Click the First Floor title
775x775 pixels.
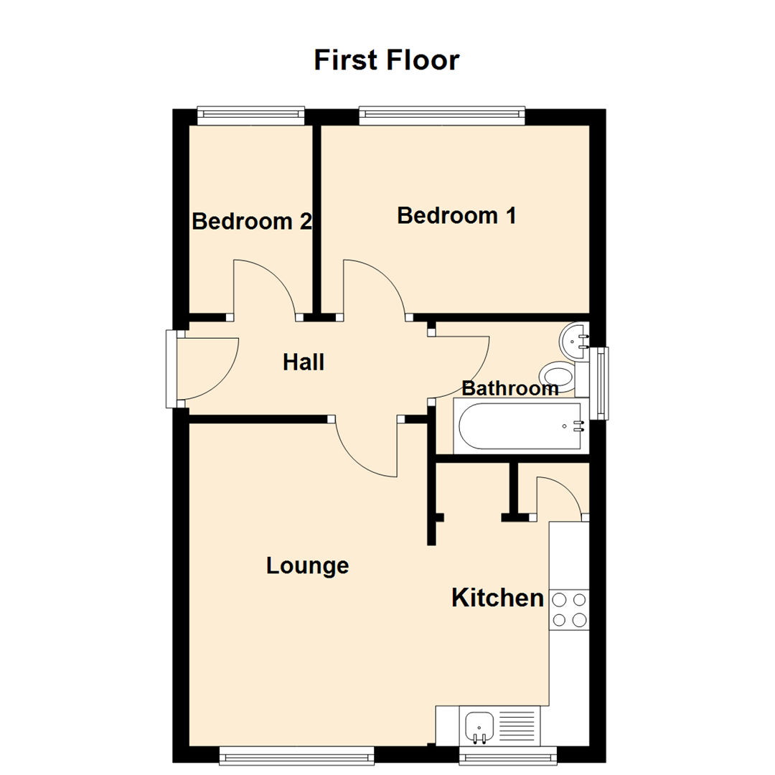386,60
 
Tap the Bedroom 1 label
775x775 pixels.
456,215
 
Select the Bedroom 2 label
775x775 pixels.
251,222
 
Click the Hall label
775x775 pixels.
304,362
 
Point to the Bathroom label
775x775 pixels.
509,389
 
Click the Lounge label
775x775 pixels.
307,565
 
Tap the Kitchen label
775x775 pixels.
497,597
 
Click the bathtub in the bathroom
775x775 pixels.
520,427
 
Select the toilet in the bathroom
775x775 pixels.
559,375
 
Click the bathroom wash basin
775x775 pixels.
575,342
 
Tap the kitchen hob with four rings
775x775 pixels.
569,609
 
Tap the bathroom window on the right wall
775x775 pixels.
599,382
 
